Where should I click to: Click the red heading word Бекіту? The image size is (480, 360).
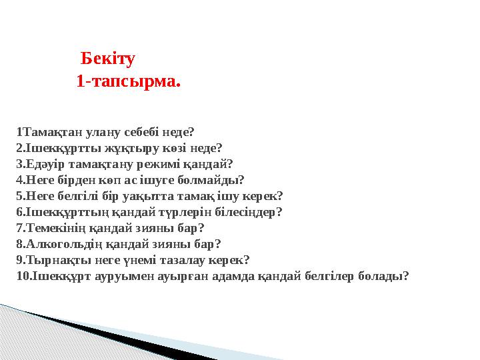(107, 59)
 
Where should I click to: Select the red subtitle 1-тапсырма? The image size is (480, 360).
(128, 83)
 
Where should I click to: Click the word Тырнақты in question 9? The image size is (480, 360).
(49, 260)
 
